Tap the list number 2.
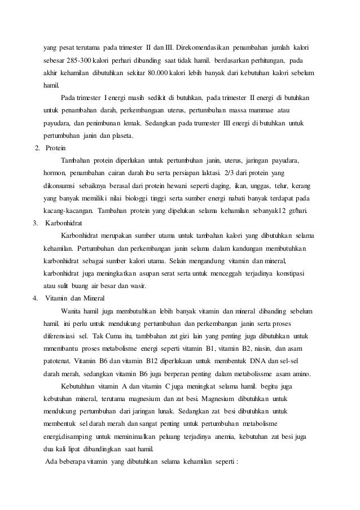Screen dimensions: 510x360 [37, 148]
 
